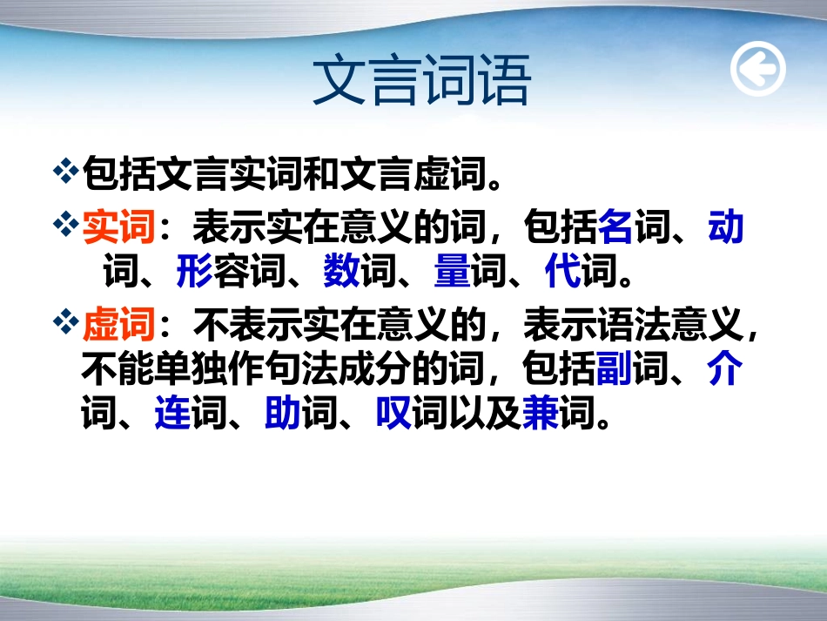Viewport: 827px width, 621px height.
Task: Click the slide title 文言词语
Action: click(421, 83)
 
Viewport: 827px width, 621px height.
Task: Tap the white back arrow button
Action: click(757, 69)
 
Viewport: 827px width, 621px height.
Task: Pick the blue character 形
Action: click(194, 273)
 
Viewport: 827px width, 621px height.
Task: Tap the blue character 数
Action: click(341, 273)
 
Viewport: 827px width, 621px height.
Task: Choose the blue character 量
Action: click(452, 273)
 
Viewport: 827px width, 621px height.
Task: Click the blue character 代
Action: click(562, 273)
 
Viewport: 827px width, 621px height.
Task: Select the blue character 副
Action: click(616, 370)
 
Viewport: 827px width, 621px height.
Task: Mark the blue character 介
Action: click(726, 370)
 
